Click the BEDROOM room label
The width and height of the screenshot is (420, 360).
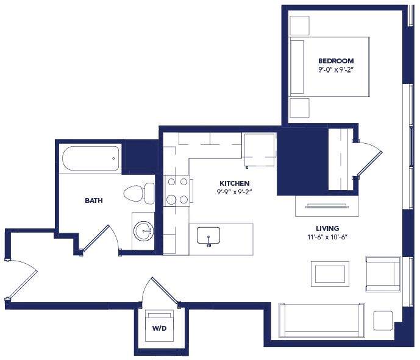[336, 61]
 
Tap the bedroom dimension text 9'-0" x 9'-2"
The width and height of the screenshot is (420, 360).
[336, 70]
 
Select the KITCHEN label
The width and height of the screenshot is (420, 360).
[235, 183]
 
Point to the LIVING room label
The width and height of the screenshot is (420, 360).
[328, 228]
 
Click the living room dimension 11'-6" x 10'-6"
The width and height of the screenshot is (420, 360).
[328, 238]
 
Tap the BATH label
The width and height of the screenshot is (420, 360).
[93, 200]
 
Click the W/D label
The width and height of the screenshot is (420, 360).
[158, 328]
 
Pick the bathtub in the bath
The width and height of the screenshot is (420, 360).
[90, 159]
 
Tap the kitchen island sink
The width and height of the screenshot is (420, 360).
[208, 235]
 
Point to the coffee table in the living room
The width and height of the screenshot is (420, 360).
[330, 274]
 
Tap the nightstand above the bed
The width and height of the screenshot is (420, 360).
[300, 25]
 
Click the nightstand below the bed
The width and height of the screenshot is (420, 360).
[300, 108]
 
